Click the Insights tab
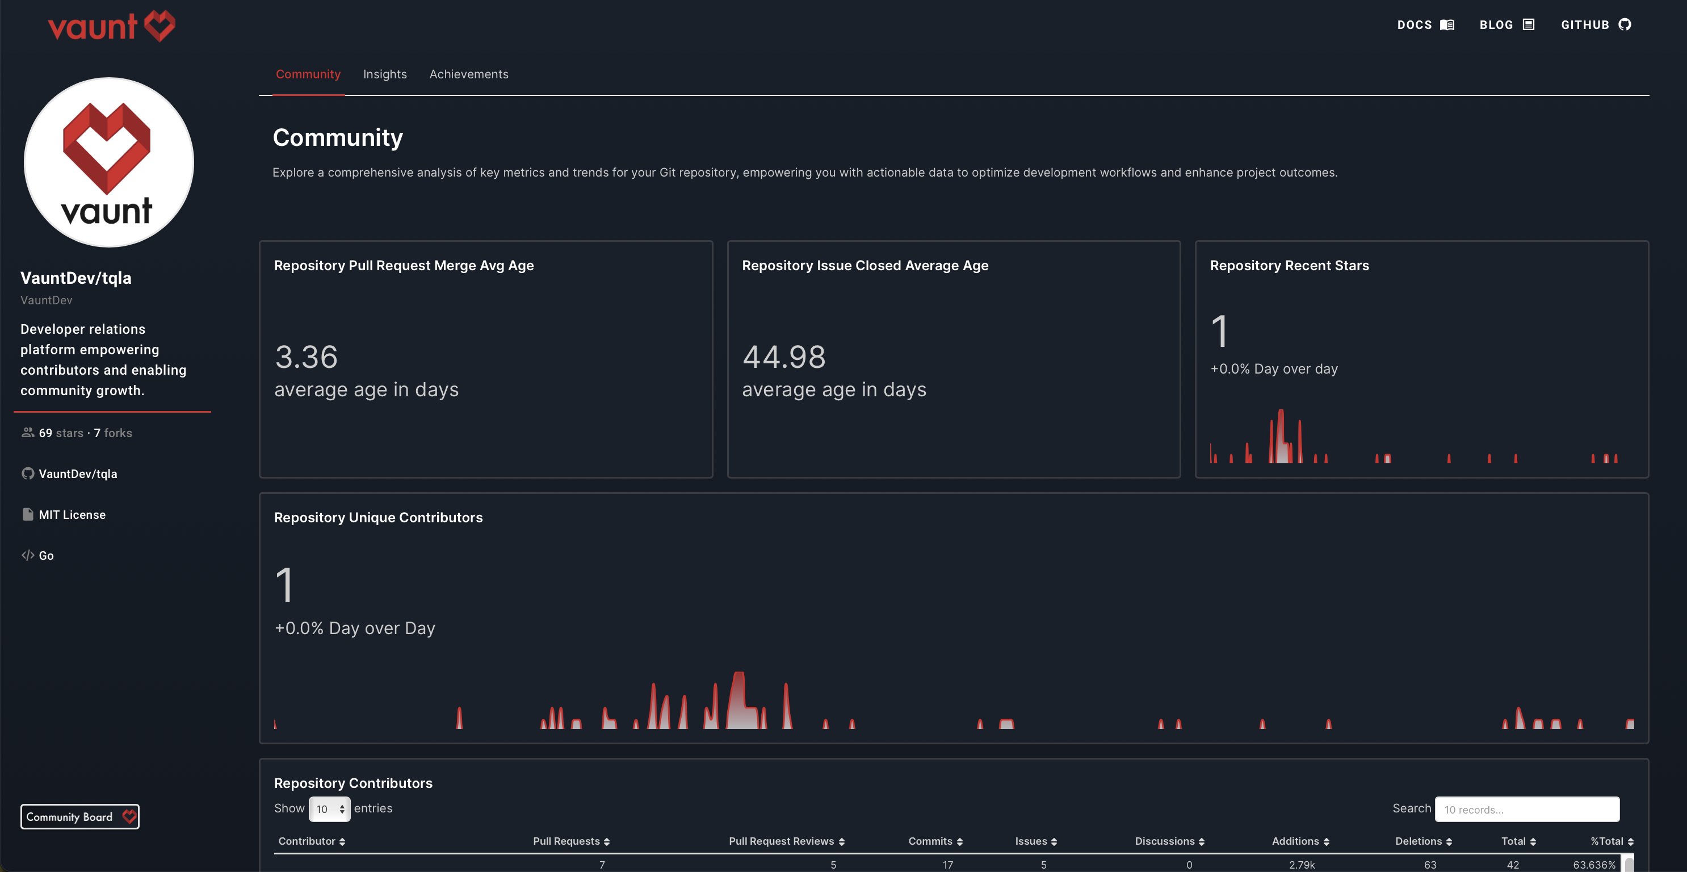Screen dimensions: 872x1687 click(384, 74)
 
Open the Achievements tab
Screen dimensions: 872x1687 click(468, 74)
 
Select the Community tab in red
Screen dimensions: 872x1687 click(308, 74)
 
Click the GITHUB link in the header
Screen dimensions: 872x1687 click(1595, 25)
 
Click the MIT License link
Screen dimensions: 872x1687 click(72, 514)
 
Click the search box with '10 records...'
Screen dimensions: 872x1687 click(1526, 809)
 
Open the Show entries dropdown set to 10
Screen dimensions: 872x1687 click(329, 809)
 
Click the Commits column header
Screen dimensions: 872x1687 click(934, 841)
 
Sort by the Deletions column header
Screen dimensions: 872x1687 click(1422, 841)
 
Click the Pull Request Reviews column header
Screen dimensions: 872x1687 click(786, 841)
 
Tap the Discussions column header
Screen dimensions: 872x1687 click(1169, 841)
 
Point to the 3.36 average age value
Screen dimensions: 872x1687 click(306, 357)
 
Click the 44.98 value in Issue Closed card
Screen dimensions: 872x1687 click(783, 357)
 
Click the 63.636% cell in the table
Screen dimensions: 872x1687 click(1593, 865)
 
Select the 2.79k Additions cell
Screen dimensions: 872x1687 click(1301, 865)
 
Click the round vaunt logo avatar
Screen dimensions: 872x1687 click(109, 162)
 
